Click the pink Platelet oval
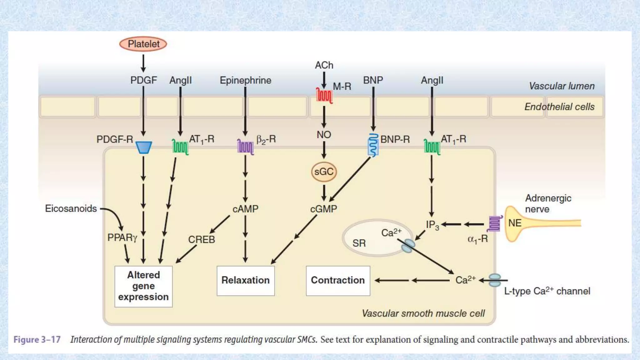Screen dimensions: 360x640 click(143, 44)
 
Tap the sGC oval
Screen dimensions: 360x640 click(324, 172)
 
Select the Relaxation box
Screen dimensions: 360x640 click(246, 280)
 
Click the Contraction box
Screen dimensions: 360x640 click(338, 280)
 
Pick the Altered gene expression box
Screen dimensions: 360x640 click(143, 286)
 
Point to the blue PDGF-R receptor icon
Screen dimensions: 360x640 click(144, 147)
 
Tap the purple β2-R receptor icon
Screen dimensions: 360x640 click(245, 147)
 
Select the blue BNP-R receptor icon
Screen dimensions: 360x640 click(373, 145)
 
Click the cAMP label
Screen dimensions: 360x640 click(245, 209)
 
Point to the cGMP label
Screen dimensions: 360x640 click(323, 209)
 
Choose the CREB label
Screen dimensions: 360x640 click(202, 240)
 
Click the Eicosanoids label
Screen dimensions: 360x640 click(71, 208)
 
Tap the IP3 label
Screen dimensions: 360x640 click(432, 225)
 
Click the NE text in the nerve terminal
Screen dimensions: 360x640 click(515, 223)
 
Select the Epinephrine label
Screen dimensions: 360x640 click(245, 80)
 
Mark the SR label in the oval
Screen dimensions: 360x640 click(359, 243)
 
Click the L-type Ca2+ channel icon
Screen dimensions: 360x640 click(495, 280)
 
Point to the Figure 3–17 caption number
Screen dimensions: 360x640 click(37, 340)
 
